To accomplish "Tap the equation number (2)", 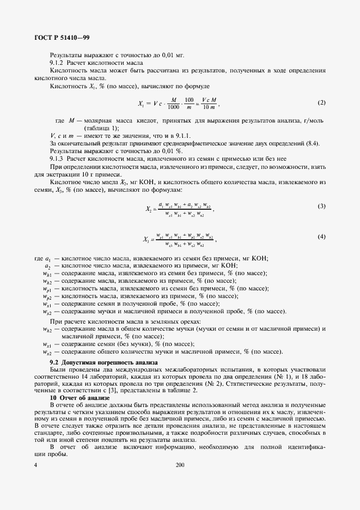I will click(321, 102).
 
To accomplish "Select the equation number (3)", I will click(321, 206).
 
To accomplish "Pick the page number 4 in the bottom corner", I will click(35, 465).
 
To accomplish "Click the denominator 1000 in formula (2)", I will click(174, 107).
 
